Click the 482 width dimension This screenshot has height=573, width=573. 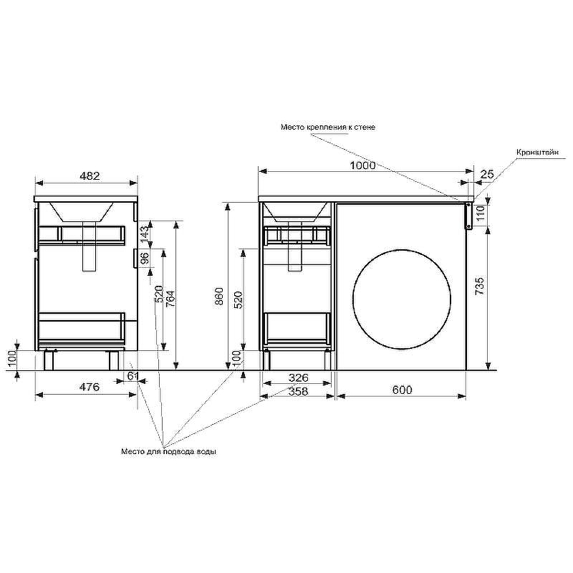point(90,175)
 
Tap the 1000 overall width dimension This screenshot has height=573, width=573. point(362,165)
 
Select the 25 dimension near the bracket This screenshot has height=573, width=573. point(487,174)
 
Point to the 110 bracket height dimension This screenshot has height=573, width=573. point(480,212)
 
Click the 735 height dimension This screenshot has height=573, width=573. point(480,286)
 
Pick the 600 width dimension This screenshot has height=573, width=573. point(402,390)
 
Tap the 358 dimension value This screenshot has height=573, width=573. point(298,391)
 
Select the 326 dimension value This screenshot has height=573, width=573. point(298,377)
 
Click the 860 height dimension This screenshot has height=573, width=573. point(218,297)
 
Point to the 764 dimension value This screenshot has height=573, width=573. point(170,299)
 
